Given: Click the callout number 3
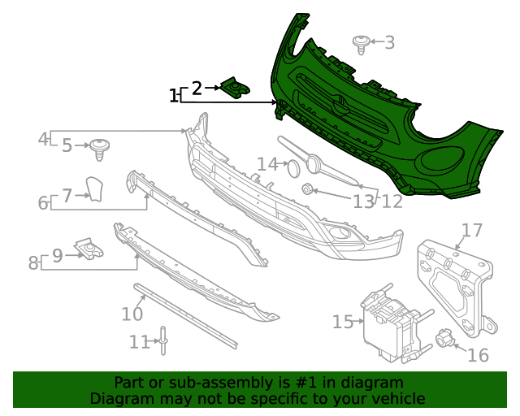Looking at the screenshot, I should point(390,42).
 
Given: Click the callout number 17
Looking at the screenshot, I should point(472,231).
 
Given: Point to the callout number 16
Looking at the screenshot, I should point(478,355).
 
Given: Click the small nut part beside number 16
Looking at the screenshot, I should point(444,337).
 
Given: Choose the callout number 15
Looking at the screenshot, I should point(342,323).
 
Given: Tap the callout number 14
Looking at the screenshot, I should point(267,164).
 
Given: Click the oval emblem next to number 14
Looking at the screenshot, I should point(293,168).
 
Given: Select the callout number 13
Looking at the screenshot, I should point(364,201).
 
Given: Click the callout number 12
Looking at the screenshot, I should point(392,201).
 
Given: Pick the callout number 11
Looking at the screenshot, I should point(140,342).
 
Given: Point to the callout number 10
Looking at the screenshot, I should point(132,313).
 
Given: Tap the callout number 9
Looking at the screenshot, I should point(58,256).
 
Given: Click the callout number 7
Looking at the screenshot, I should point(67,194).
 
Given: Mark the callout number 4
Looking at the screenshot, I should point(43,139).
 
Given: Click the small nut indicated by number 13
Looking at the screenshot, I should point(308,189).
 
